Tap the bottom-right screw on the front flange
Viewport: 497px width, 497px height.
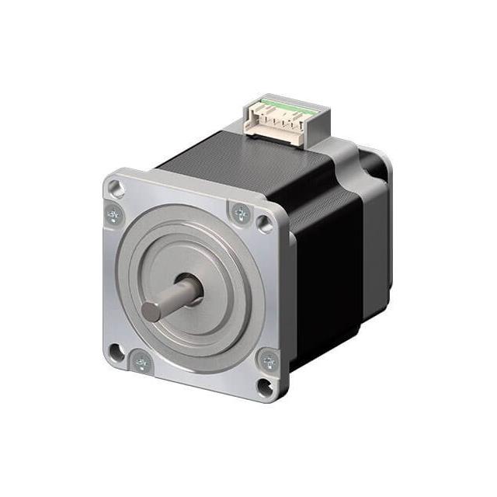[x=268, y=360]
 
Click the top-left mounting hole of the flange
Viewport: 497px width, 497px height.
[x=115, y=187]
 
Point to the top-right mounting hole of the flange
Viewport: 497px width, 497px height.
[x=266, y=224]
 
